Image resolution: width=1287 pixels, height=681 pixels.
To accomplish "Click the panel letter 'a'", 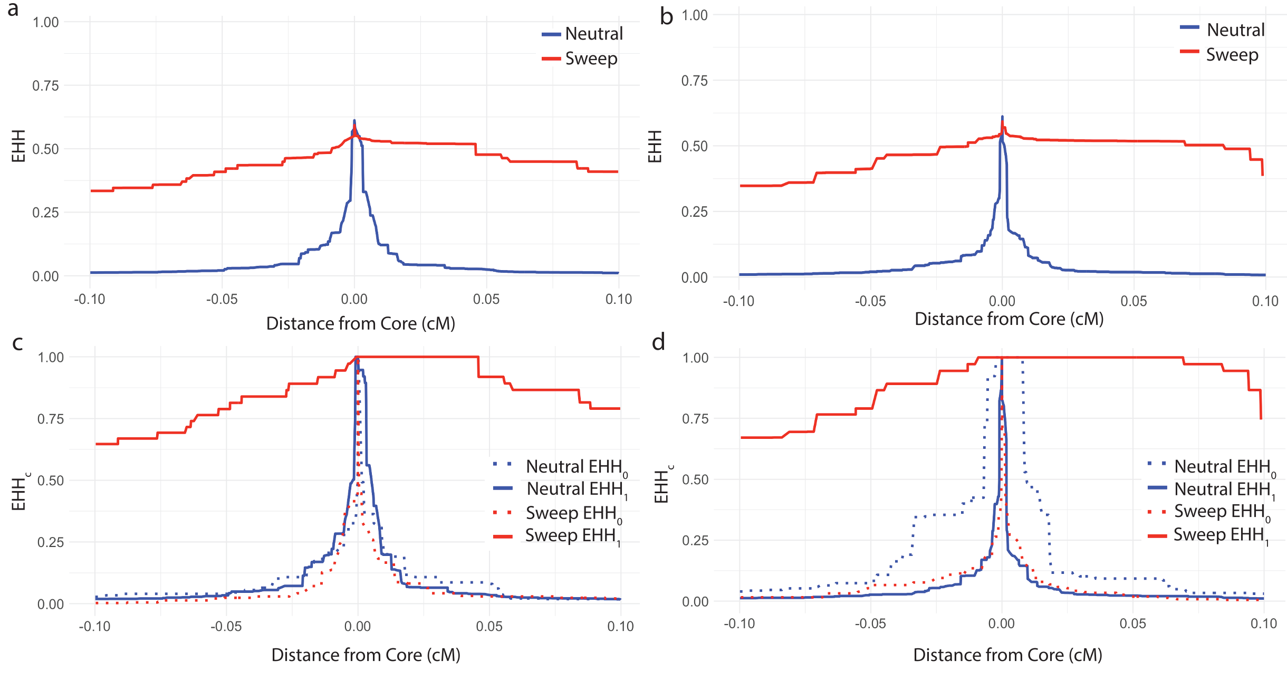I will coord(13,9).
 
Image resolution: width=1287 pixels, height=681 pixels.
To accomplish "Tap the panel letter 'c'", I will coord(17,343).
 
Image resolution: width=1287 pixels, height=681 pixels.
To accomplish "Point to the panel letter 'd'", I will coord(658,342).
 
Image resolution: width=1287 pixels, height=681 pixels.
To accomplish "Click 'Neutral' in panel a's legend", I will coord(593,34).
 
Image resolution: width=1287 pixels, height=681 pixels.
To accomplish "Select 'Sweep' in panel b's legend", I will coord(1232,54).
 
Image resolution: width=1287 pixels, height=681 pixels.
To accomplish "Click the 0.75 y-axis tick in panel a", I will coord(45,86).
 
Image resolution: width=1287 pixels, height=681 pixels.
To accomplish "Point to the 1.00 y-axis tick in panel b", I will coord(694,15).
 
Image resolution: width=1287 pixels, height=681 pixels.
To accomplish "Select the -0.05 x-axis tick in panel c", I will coord(226,626).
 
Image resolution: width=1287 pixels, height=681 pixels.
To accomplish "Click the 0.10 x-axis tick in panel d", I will coord(1263,624).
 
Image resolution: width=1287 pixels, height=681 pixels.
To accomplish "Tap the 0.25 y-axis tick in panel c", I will coord(51,542).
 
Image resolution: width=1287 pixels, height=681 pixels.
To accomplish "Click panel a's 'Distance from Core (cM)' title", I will coord(360,323).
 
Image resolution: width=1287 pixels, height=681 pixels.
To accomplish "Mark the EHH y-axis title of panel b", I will coord(655,147).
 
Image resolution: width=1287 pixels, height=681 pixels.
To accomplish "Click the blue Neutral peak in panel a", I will coord(354,122).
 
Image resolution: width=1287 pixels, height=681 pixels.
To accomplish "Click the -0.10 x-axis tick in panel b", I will coord(738,301).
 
